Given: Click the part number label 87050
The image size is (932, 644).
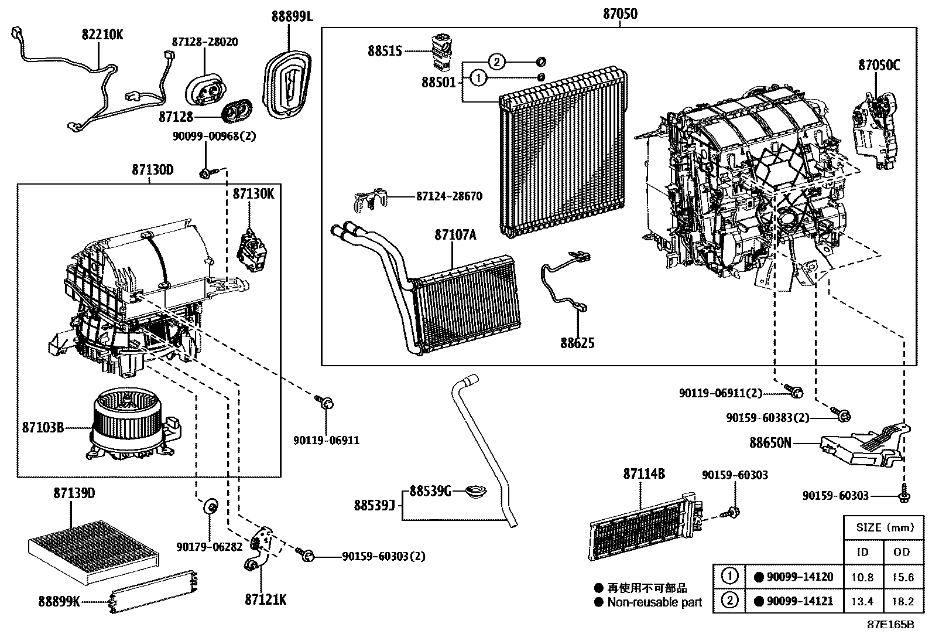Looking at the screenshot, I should [620, 13].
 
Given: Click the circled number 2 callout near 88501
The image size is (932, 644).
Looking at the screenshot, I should [496, 62].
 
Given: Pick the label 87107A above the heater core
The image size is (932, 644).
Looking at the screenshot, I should [455, 235].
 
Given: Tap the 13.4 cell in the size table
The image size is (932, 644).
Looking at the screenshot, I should [863, 601].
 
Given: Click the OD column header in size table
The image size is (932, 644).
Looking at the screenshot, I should [902, 551].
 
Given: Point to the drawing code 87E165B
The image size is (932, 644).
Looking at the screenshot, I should [890, 625].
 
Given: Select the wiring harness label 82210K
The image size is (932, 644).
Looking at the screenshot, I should [102, 34].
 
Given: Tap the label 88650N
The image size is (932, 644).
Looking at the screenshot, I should [770, 443].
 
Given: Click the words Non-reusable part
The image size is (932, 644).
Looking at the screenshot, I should [654, 602].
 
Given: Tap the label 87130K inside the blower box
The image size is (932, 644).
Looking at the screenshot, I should [253, 193].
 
